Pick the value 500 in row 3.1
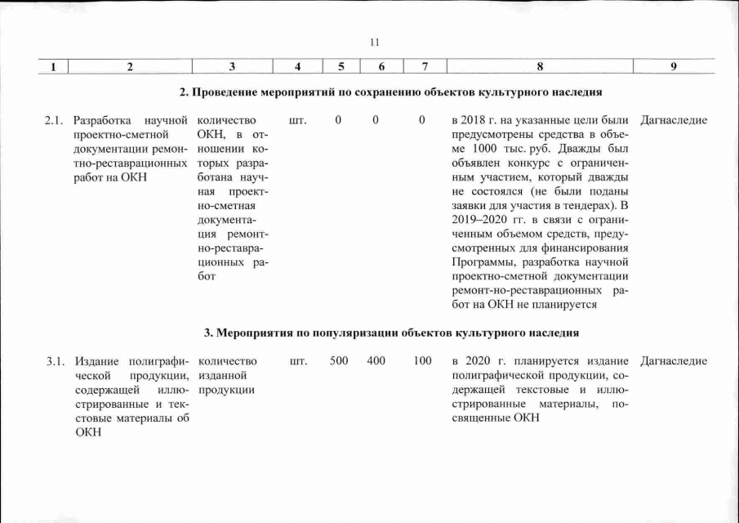coord(339,361)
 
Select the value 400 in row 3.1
coord(376,361)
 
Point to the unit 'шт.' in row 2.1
coord(298,121)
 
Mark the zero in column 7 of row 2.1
coord(422,121)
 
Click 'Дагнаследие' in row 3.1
coord(674,361)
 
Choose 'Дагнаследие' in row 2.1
coord(674,121)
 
